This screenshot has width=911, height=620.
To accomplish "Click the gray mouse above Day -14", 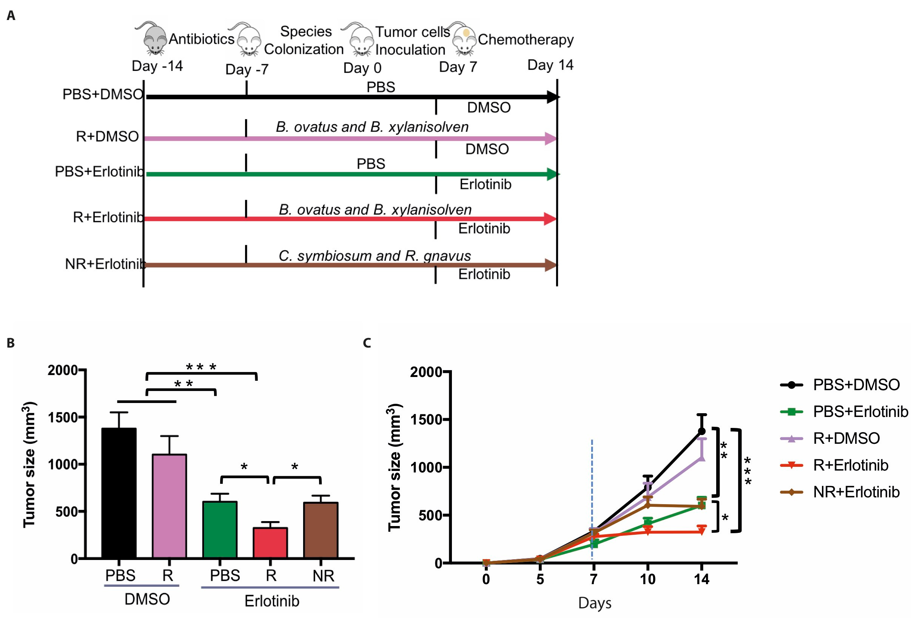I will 153,38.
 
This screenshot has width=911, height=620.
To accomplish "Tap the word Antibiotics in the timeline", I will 202,39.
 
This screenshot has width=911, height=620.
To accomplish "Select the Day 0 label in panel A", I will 362,68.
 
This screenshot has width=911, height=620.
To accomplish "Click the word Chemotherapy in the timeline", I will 526,40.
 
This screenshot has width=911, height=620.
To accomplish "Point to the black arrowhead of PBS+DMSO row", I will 553,97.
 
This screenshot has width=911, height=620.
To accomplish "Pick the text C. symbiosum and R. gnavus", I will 375,255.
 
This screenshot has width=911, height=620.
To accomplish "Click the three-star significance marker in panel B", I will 201,367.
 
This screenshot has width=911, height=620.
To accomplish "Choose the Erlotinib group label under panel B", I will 272,600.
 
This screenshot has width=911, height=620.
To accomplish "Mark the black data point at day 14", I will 702,431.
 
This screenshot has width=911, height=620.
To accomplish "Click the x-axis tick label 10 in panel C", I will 647,579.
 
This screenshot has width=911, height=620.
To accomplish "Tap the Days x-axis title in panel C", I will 594,603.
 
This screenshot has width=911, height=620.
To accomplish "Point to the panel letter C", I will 367,343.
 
